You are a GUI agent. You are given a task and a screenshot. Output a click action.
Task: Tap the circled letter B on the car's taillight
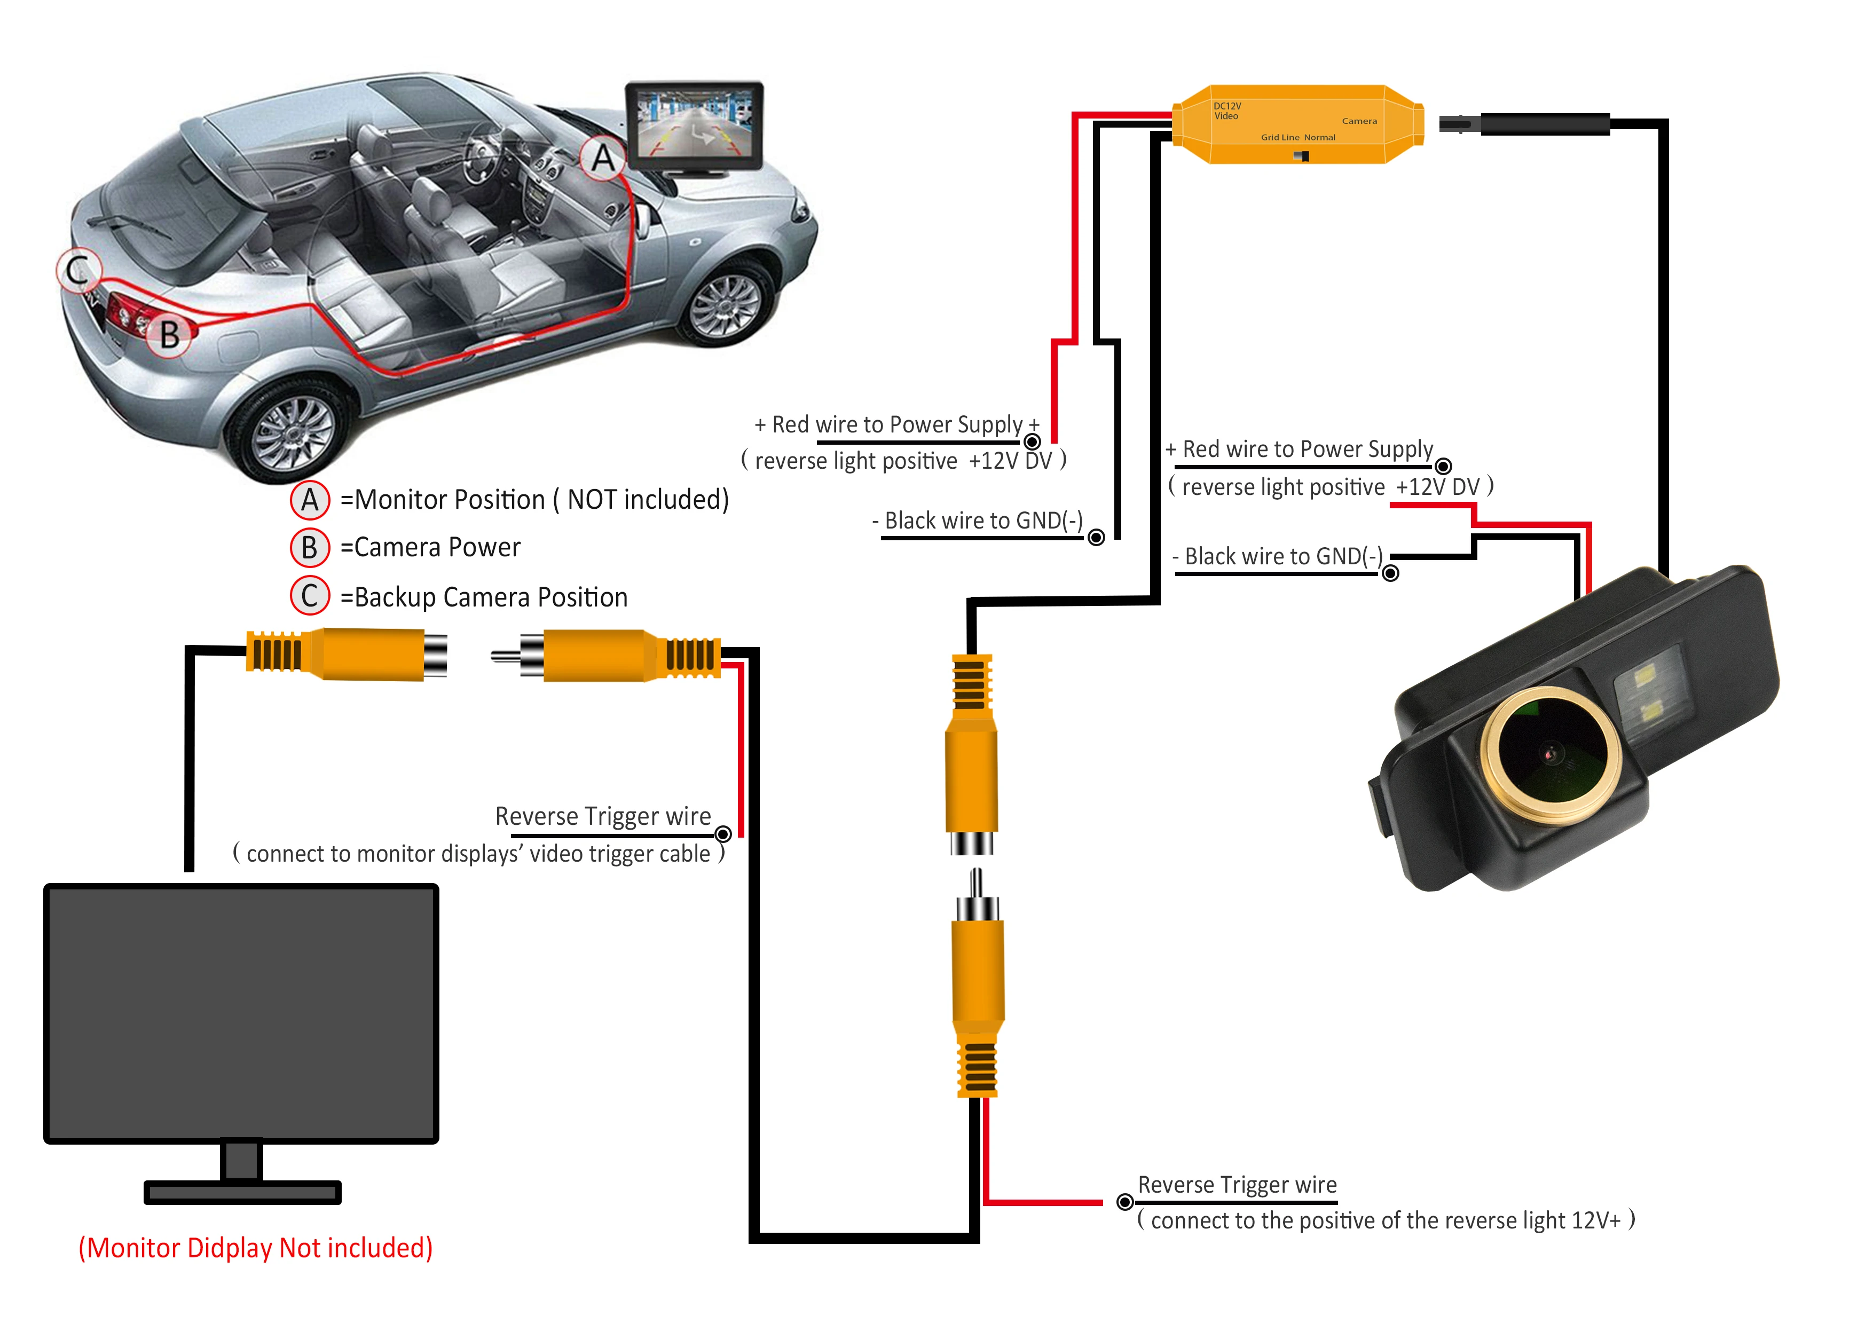tap(169, 334)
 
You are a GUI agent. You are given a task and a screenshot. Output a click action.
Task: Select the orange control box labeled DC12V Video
tap(1297, 124)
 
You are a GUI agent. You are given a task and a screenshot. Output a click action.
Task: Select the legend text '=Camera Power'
tap(430, 547)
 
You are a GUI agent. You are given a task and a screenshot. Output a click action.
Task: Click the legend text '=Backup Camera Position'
tap(484, 597)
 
